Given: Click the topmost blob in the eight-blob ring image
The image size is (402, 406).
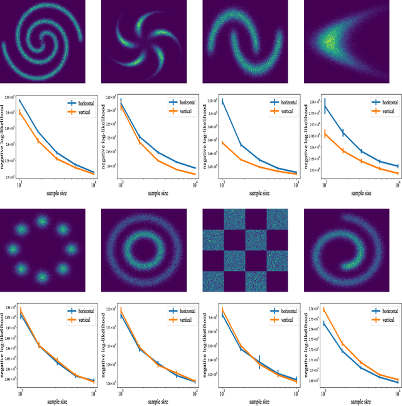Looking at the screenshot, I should [x=42, y=221].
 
